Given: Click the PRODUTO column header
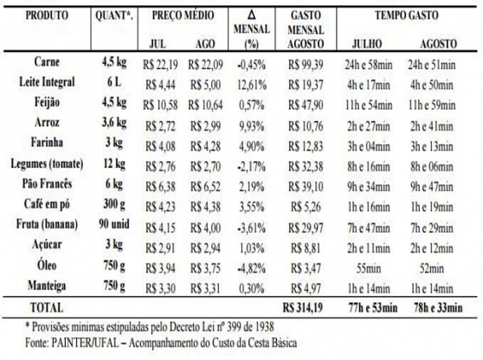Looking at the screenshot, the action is [47, 15].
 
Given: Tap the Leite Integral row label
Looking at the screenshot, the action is [47, 82].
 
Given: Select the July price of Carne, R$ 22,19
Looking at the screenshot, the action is [160, 65].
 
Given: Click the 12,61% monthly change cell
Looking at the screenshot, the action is [252, 85].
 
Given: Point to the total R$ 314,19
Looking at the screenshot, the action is [303, 308].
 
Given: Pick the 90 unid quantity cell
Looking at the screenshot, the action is [114, 224].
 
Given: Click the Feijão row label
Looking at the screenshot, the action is [47, 103].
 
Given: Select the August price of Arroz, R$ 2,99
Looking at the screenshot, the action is [205, 126].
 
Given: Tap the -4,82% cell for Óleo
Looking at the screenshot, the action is [251, 268].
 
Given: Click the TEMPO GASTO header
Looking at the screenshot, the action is [407, 15].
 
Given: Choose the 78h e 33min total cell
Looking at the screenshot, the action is [438, 308].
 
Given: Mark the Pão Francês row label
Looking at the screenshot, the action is [47, 183].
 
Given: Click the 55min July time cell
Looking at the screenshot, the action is [369, 268].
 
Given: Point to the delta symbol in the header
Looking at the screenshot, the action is [251, 15].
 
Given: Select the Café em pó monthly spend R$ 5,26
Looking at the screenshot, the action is [306, 207].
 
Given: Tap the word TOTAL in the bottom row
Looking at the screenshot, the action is [47, 308].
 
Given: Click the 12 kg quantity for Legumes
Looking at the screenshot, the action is [114, 164].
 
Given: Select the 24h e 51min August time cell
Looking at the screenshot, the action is [432, 65].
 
